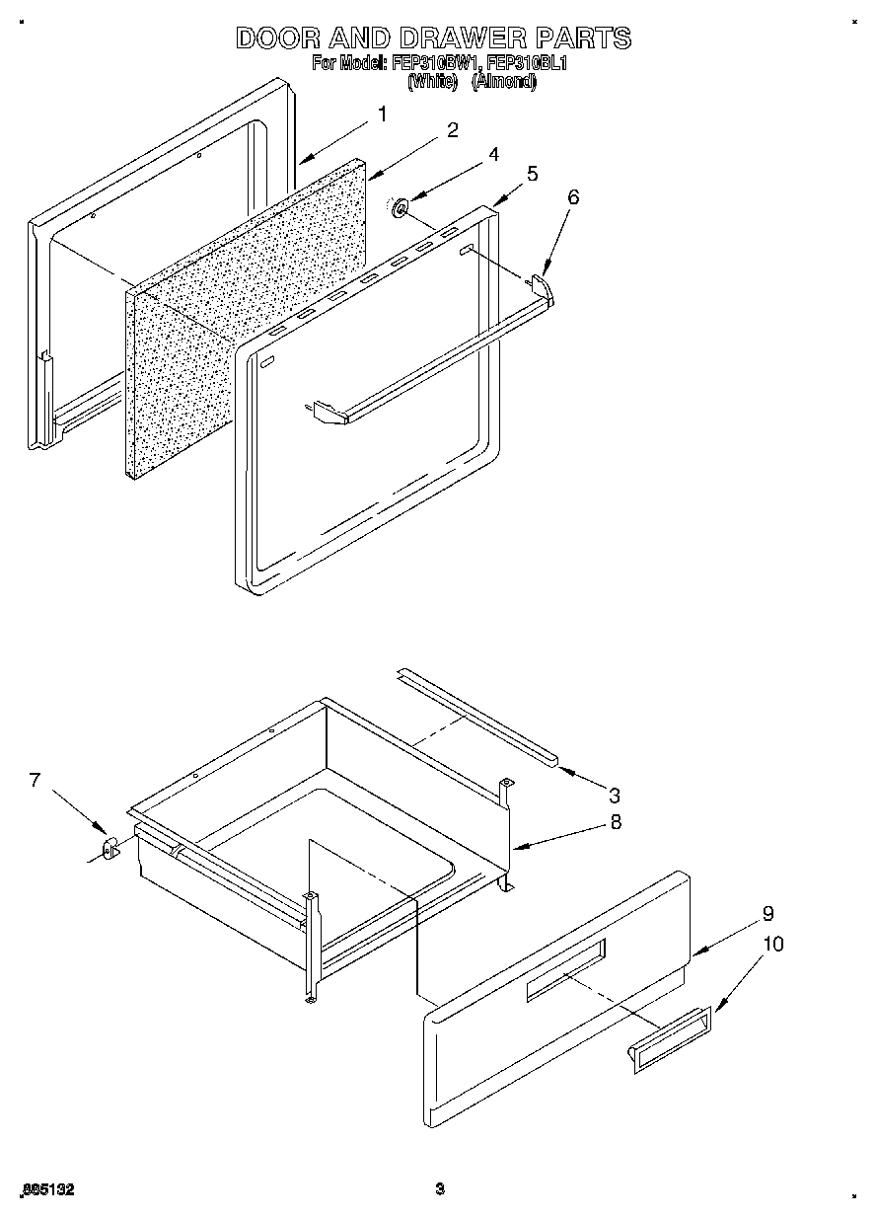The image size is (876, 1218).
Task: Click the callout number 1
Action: [x=383, y=114]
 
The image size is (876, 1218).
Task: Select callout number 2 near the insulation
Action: [x=452, y=131]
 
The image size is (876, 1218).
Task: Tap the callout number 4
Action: [x=493, y=154]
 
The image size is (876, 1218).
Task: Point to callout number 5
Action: [x=532, y=174]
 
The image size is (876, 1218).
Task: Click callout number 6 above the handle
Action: [x=572, y=196]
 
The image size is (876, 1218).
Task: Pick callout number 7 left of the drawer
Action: [x=35, y=780]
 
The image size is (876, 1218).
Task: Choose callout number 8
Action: [x=616, y=820]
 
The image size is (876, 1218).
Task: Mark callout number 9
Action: [x=767, y=913]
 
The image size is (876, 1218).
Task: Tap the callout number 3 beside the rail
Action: [x=614, y=795]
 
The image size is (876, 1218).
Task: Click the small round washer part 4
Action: [x=401, y=208]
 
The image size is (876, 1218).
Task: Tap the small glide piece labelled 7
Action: [x=109, y=847]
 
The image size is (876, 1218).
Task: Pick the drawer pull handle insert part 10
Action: [x=667, y=1039]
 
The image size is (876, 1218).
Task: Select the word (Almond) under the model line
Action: [x=503, y=83]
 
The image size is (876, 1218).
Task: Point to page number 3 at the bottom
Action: [x=440, y=1189]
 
